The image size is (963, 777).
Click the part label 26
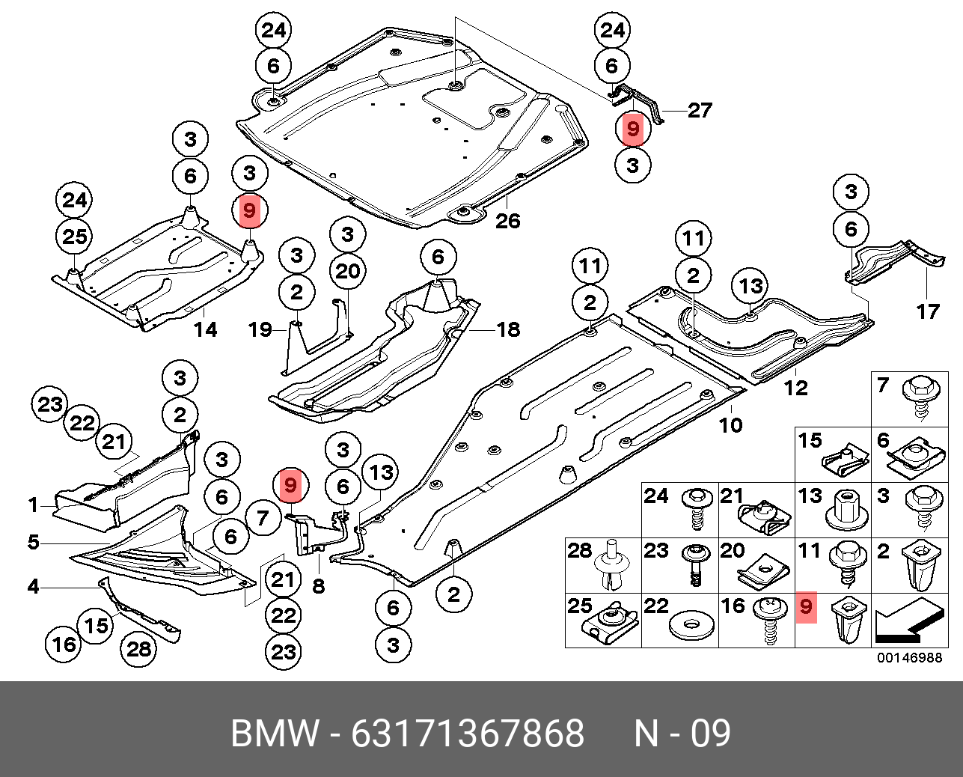coord(507,221)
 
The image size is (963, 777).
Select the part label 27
coord(699,111)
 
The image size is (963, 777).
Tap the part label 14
coord(206,329)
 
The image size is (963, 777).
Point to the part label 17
coord(927,311)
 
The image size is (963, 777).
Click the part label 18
coord(508,329)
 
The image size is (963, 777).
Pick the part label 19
coord(260,329)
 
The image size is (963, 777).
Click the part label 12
coord(795,387)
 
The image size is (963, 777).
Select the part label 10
coord(730,425)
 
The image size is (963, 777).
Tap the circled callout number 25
coord(75,237)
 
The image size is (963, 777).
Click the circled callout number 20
coord(347,271)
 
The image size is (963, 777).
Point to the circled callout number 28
coord(139,648)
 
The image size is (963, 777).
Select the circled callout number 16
coord(64,644)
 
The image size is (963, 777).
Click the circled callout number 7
coord(262,518)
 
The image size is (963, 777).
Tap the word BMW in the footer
coord(275,734)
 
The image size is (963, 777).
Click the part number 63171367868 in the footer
coord(468,734)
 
